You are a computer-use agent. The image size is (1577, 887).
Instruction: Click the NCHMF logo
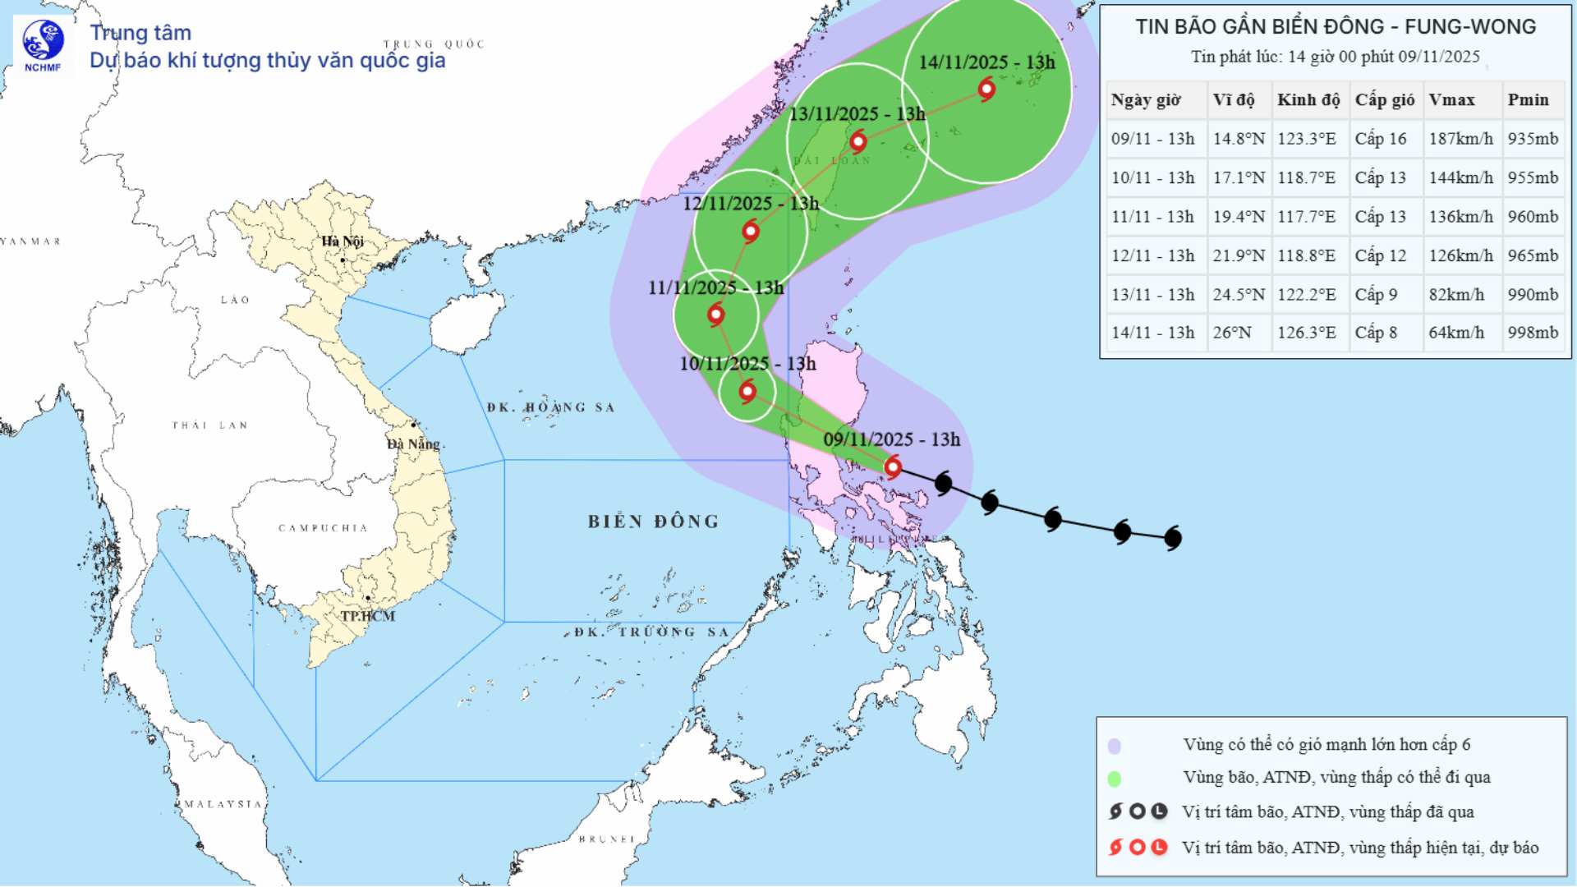point(43,45)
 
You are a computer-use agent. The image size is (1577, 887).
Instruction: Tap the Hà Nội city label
point(342,241)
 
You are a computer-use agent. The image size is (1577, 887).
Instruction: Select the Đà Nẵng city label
point(414,444)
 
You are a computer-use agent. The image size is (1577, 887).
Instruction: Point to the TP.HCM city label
point(368,616)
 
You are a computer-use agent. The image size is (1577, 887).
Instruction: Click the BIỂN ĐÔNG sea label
point(653,522)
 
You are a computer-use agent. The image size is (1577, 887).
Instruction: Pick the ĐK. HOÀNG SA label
point(550,407)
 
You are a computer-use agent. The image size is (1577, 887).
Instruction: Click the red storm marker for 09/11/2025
point(893,467)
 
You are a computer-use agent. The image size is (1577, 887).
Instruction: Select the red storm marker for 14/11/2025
point(986,89)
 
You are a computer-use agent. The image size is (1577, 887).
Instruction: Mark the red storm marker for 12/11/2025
point(750,232)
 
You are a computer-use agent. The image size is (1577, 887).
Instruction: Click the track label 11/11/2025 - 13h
point(715,288)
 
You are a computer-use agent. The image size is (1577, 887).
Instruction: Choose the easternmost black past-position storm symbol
point(1173,538)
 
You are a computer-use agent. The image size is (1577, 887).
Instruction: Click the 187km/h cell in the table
point(1460,139)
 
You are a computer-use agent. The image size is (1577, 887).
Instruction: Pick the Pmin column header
point(1528,100)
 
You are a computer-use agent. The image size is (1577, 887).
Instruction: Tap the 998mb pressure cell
point(1532,333)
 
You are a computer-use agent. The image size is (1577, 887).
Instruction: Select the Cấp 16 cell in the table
point(1381,139)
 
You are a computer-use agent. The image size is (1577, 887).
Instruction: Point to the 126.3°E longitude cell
point(1306,333)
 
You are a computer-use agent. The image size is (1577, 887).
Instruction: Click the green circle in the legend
point(1115,778)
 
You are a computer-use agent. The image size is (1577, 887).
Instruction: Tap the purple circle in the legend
point(1115,746)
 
